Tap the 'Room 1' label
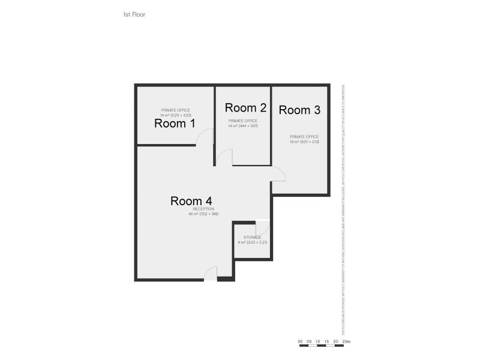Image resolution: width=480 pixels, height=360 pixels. point(175,124)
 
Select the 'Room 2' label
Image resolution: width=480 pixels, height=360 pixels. point(245,108)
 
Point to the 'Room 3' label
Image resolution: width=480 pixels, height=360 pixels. point(299,110)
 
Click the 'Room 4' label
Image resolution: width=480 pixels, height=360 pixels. point(191,201)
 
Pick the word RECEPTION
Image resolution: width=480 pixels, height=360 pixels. point(203,209)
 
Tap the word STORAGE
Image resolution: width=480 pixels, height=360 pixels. point(252,238)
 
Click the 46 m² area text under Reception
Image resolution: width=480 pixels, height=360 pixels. point(203,214)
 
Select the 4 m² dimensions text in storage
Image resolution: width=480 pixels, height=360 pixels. point(252,242)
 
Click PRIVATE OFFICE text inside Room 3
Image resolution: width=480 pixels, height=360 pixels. point(304,137)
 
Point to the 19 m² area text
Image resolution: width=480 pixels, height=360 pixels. point(304,142)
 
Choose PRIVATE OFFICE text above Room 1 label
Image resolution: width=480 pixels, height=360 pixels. point(175,110)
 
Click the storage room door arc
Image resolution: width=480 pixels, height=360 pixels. point(262,228)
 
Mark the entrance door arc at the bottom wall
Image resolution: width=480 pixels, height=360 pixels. point(211,273)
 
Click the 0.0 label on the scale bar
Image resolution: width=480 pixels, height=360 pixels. point(300,341)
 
